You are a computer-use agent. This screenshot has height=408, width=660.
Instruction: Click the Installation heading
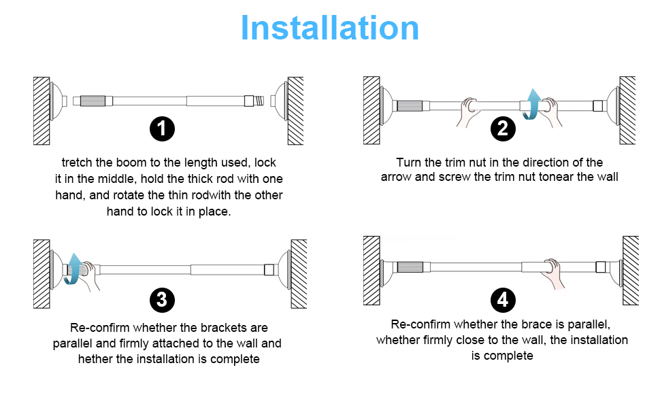point(330,28)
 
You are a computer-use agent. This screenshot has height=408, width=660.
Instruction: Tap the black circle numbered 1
point(162,128)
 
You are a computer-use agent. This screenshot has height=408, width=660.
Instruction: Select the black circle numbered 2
point(503,128)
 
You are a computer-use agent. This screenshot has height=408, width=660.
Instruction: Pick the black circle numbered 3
point(162,299)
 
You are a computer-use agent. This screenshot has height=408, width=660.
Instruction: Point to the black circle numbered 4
point(503,299)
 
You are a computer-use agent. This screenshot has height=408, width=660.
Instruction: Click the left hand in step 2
point(469,112)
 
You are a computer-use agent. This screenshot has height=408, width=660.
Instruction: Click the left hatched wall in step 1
point(42,110)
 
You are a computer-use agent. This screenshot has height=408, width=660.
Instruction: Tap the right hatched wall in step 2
point(627,109)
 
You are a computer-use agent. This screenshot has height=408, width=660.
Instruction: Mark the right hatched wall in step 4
point(630,270)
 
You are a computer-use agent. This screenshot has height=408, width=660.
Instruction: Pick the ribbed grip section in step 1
point(93,101)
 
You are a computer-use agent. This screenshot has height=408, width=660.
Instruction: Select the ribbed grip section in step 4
point(411,268)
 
